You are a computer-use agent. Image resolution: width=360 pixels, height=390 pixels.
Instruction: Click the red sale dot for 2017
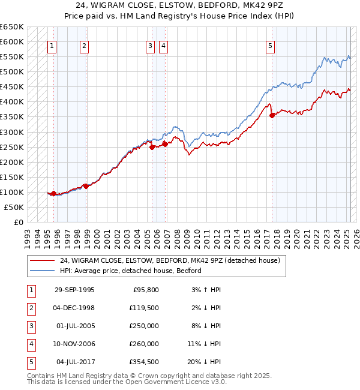[272, 115]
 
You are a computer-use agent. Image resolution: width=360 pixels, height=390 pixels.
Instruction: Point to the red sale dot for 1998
[86, 186]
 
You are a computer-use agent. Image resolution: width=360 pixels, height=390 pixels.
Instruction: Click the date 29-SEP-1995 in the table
[74, 290]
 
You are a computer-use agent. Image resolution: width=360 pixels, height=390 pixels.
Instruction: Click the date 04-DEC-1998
[74, 308]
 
